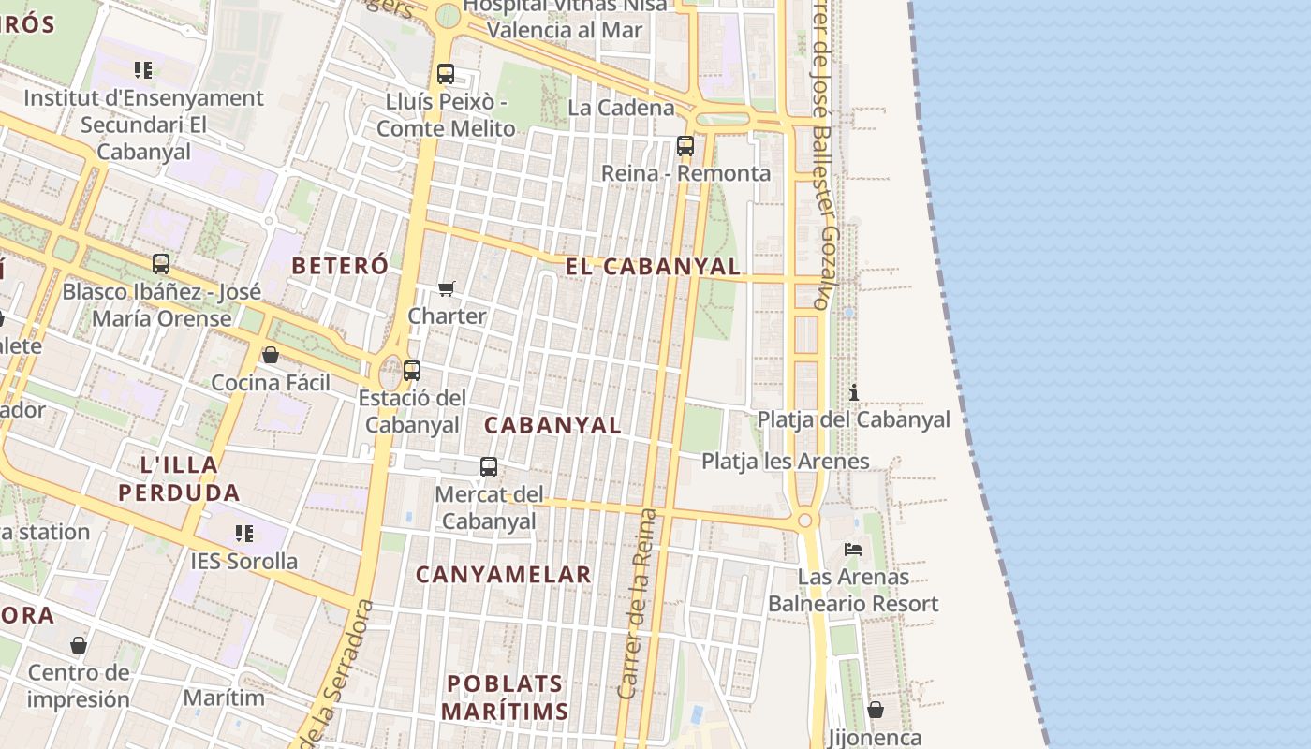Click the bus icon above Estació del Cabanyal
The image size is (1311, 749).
(x=412, y=370)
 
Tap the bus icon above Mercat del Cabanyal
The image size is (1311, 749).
(x=489, y=466)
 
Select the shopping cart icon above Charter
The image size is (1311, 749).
(x=447, y=288)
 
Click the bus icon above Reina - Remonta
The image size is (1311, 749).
(x=685, y=146)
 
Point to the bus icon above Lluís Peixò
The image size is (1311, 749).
(x=446, y=73)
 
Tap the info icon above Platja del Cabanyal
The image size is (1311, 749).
(x=853, y=392)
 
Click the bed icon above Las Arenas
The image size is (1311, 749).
(x=853, y=549)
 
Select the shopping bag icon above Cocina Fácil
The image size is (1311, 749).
(x=271, y=355)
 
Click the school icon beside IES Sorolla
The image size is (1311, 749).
(x=244, y=534)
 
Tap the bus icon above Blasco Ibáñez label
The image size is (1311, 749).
(x=161, y=264)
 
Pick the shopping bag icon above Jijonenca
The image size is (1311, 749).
(x=876, y=710)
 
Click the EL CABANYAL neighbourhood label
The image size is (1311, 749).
(x=654, y=266)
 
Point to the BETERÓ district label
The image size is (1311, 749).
(x=340, y=265)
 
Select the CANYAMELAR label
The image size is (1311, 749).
(x=504, y=575)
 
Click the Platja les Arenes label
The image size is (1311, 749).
(x=786, y=461)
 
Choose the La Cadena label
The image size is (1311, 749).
(x=621, y=108)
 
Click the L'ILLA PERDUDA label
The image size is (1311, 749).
(x=179, y=478)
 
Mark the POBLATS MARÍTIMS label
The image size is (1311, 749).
(x=505, y=698)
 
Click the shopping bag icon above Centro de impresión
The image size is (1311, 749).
(x=79, y=645)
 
